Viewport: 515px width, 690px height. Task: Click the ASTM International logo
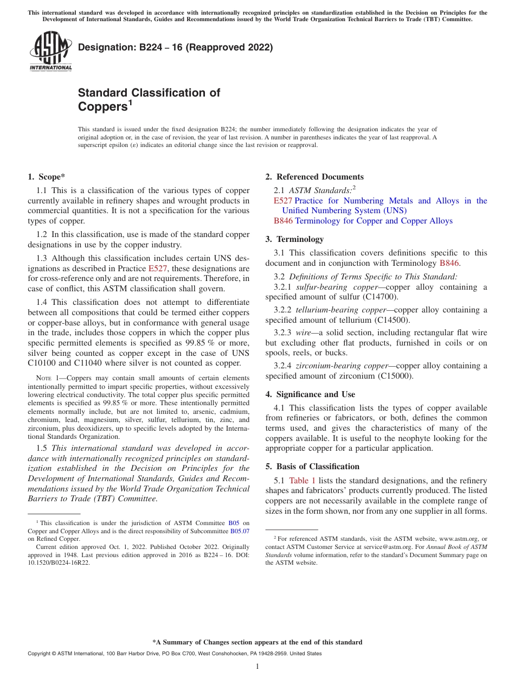pos(50,52)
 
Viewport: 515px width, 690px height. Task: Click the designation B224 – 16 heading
pos(175,48)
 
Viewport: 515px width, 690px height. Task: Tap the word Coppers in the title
pos(102,107)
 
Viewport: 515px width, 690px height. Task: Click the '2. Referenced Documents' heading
pos(314,177)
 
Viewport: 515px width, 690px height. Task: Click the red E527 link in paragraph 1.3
pos(158,269)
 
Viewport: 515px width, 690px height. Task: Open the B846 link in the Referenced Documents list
pos(283,221)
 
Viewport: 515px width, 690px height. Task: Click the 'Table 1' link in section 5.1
pos(302,481)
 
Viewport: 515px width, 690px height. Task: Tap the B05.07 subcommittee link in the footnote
pos(240,531)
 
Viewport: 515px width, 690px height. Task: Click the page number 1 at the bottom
pos(257,667)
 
